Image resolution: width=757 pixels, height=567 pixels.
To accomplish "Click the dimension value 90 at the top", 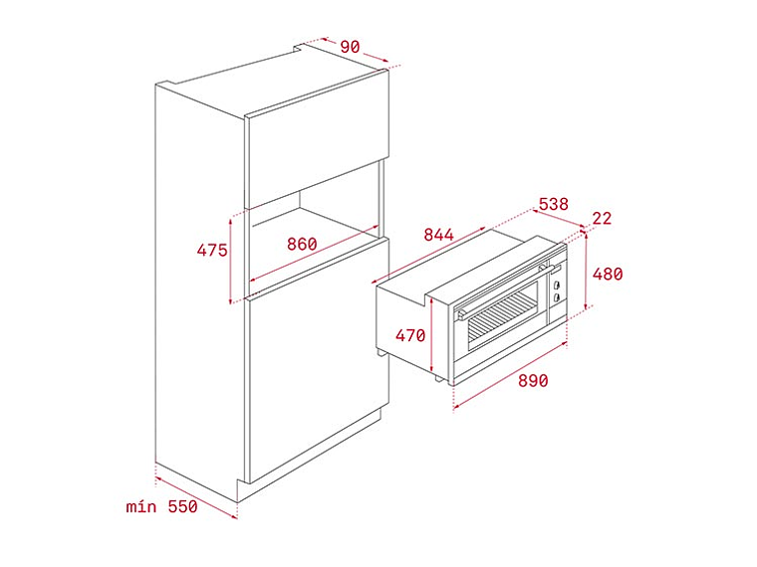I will [350, 47].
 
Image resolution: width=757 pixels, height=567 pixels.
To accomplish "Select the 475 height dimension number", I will [212, 251].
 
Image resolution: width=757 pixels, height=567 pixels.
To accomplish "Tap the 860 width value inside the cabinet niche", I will [302, 244].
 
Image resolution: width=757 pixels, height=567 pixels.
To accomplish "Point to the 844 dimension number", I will [438, 236].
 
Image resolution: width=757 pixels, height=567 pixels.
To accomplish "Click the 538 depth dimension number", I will [553, 205].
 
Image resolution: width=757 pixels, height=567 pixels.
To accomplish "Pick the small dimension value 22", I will [602, 219].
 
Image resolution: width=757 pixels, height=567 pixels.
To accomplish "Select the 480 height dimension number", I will [607, 274].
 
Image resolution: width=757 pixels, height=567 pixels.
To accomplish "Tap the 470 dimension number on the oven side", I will [410, 335].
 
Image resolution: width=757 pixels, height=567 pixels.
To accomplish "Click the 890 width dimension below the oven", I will [532, 381].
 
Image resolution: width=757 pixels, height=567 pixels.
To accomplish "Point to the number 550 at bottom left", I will [181, 506].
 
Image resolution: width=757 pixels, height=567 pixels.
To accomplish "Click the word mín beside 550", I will [142, 506].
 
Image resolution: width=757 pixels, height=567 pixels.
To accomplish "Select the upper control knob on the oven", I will [556, 284].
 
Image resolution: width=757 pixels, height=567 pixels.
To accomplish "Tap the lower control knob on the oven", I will [556, 296].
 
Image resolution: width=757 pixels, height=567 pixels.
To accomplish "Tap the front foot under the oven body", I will [439, 378].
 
